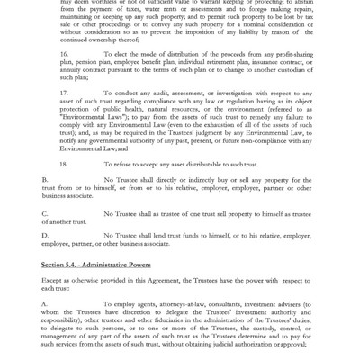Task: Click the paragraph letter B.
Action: point(45,178)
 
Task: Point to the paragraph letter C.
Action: point(45,213)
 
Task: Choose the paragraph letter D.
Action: point(45,235)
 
